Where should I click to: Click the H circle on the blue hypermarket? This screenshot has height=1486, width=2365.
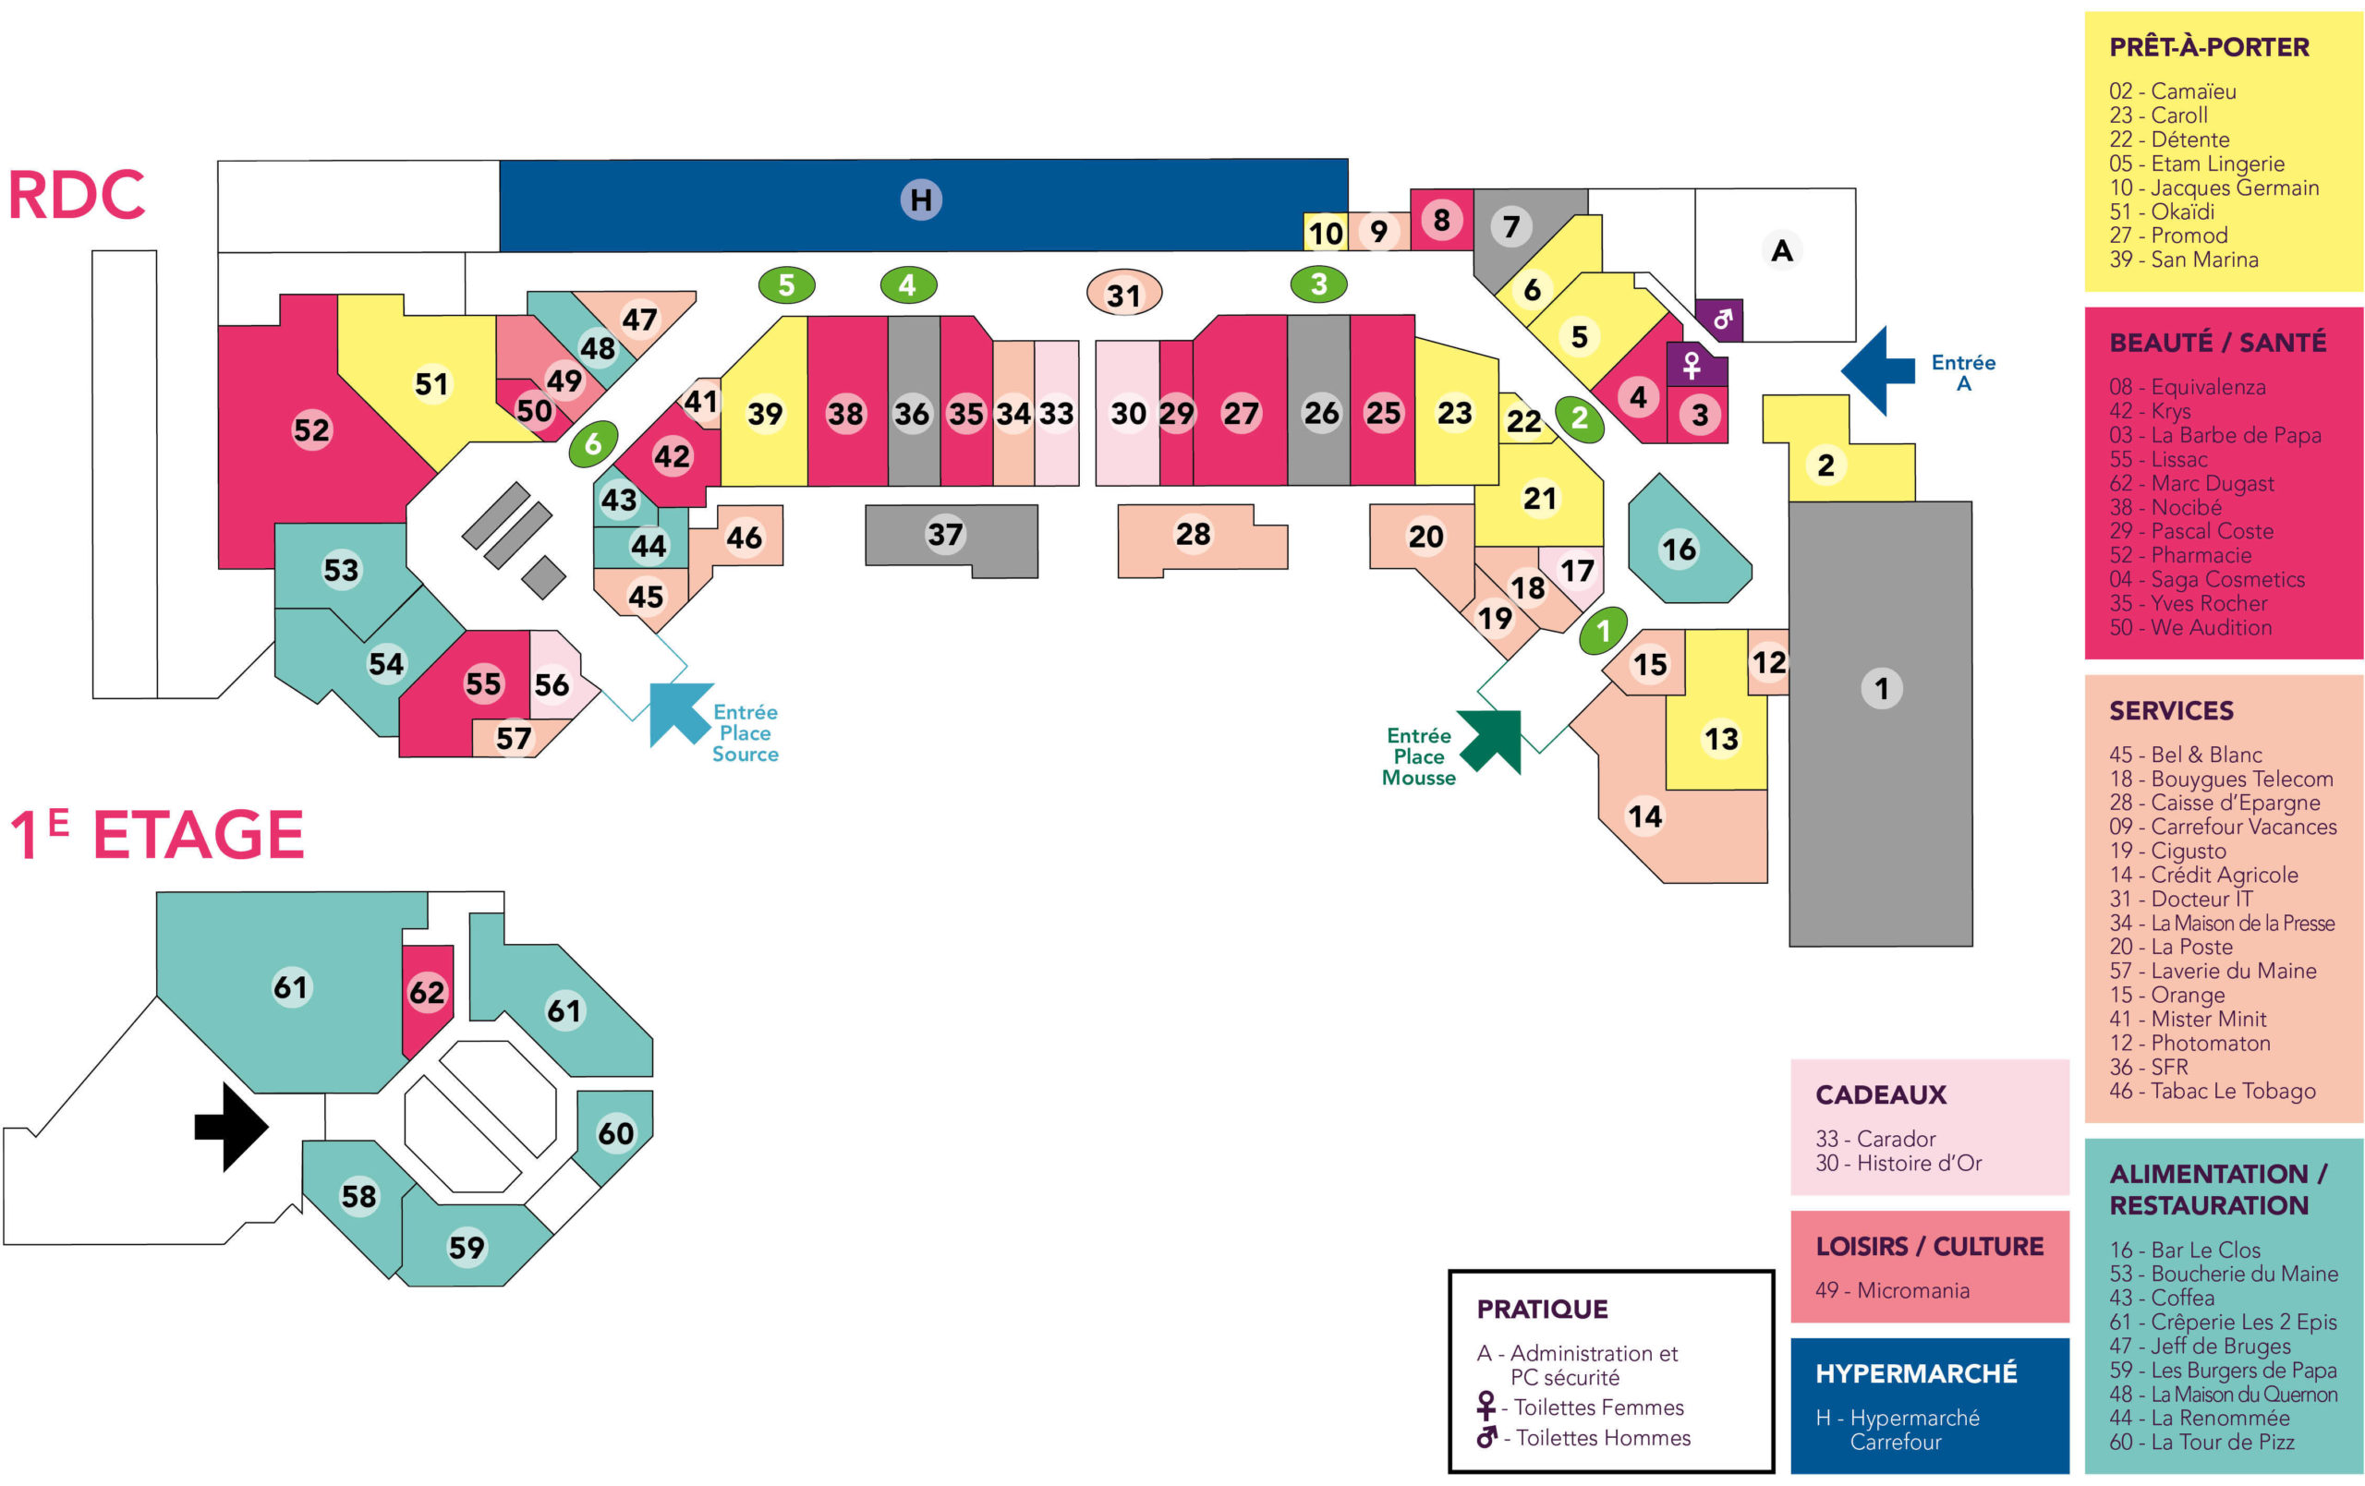(921, 200)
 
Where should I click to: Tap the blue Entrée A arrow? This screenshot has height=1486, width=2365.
(1877, 371)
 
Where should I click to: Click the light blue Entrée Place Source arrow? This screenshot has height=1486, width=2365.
(680, 714)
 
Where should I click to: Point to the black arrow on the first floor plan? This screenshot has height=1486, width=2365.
(231, 1127)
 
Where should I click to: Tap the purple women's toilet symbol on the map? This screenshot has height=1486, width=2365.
(1692, 366)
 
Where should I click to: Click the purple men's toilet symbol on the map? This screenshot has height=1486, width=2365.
(1718, 320)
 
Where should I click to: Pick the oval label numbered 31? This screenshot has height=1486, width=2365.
(1123, 294)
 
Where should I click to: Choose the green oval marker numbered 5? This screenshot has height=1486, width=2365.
(787, 284)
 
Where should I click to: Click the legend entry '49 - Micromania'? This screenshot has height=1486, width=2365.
(1892, 1289)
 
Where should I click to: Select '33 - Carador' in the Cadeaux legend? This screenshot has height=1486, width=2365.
(1875, 1139)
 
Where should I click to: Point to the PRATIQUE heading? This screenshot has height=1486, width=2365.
(1542, 1310)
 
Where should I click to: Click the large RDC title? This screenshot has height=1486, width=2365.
(77, 195)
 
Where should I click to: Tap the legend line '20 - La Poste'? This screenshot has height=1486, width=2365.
(2171, 947)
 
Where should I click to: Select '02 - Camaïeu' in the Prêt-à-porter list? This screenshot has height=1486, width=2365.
(2173, 91)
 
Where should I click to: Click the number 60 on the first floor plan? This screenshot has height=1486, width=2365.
(616, 1133)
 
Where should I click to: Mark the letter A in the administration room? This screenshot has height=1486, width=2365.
(1782, 251)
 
